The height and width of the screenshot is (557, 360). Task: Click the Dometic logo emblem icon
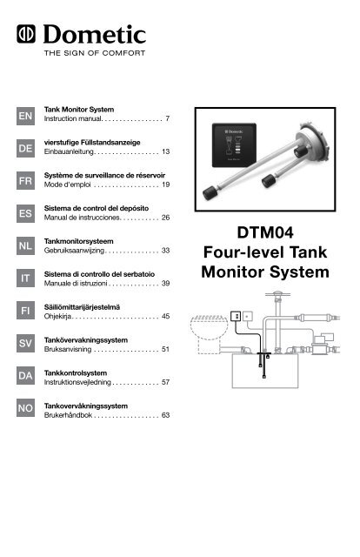point(23,36)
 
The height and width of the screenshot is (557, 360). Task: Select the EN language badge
point(26,115)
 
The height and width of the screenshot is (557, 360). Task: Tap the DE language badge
point(26,150)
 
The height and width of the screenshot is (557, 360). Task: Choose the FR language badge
point(26,185)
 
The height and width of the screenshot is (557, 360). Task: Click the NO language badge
point(26,407)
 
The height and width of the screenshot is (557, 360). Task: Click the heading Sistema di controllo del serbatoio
point(103,273)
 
